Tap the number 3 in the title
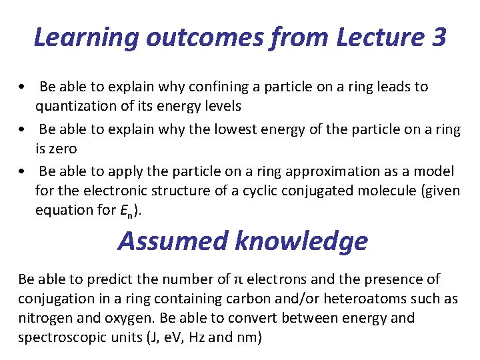coord(438,37)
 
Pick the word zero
coord(56,148)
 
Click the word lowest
coord(239,129)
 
